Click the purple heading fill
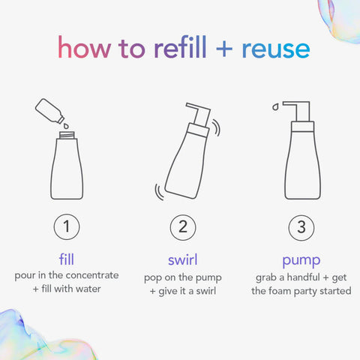coord(67,259)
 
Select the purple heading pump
coord(300,259)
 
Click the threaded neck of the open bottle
coord(67,135)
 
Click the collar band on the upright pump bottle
coord(300,127)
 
